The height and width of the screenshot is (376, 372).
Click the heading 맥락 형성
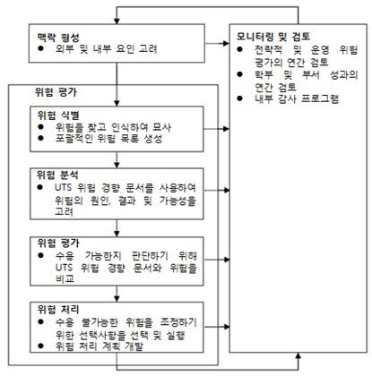click(x=58, y=38)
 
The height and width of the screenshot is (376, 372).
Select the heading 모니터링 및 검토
click(x=273, y=37)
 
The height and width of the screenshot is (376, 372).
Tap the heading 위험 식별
click(x=58, y=115)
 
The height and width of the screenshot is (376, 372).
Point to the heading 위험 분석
click(x=57, y=175)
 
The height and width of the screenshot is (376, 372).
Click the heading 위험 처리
click(x=58, y=309)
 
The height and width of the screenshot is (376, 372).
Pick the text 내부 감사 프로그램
click(x=297, y=98)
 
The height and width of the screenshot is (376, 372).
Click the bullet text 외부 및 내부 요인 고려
click(x=107, y=48)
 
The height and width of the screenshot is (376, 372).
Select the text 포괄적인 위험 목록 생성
click(x=109, y=139)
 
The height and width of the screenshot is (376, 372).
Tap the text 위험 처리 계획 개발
click(x=99, y=346)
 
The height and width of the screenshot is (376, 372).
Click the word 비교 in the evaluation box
click(x=65, y=278)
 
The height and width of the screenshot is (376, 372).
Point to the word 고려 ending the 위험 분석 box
click(x=64, y=211)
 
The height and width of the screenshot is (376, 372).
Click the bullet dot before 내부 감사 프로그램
click(x=239, y=98)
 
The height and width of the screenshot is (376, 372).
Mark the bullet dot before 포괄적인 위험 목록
click(x=40, y=138)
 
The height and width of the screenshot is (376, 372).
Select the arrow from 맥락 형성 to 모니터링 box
click(x=217, y=44)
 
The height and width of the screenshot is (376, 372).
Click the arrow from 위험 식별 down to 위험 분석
click(x=117, y=160)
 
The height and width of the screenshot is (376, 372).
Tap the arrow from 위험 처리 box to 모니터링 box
click(x=217, y=327)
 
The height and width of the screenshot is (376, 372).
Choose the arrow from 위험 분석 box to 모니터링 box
click(x=217, y=190)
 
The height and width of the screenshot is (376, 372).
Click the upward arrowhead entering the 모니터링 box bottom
click(x=298, y=356)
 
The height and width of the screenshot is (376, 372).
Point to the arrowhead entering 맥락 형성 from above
click(x=117, y=21)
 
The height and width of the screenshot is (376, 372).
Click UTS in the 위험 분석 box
click(x=64, y=188)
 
